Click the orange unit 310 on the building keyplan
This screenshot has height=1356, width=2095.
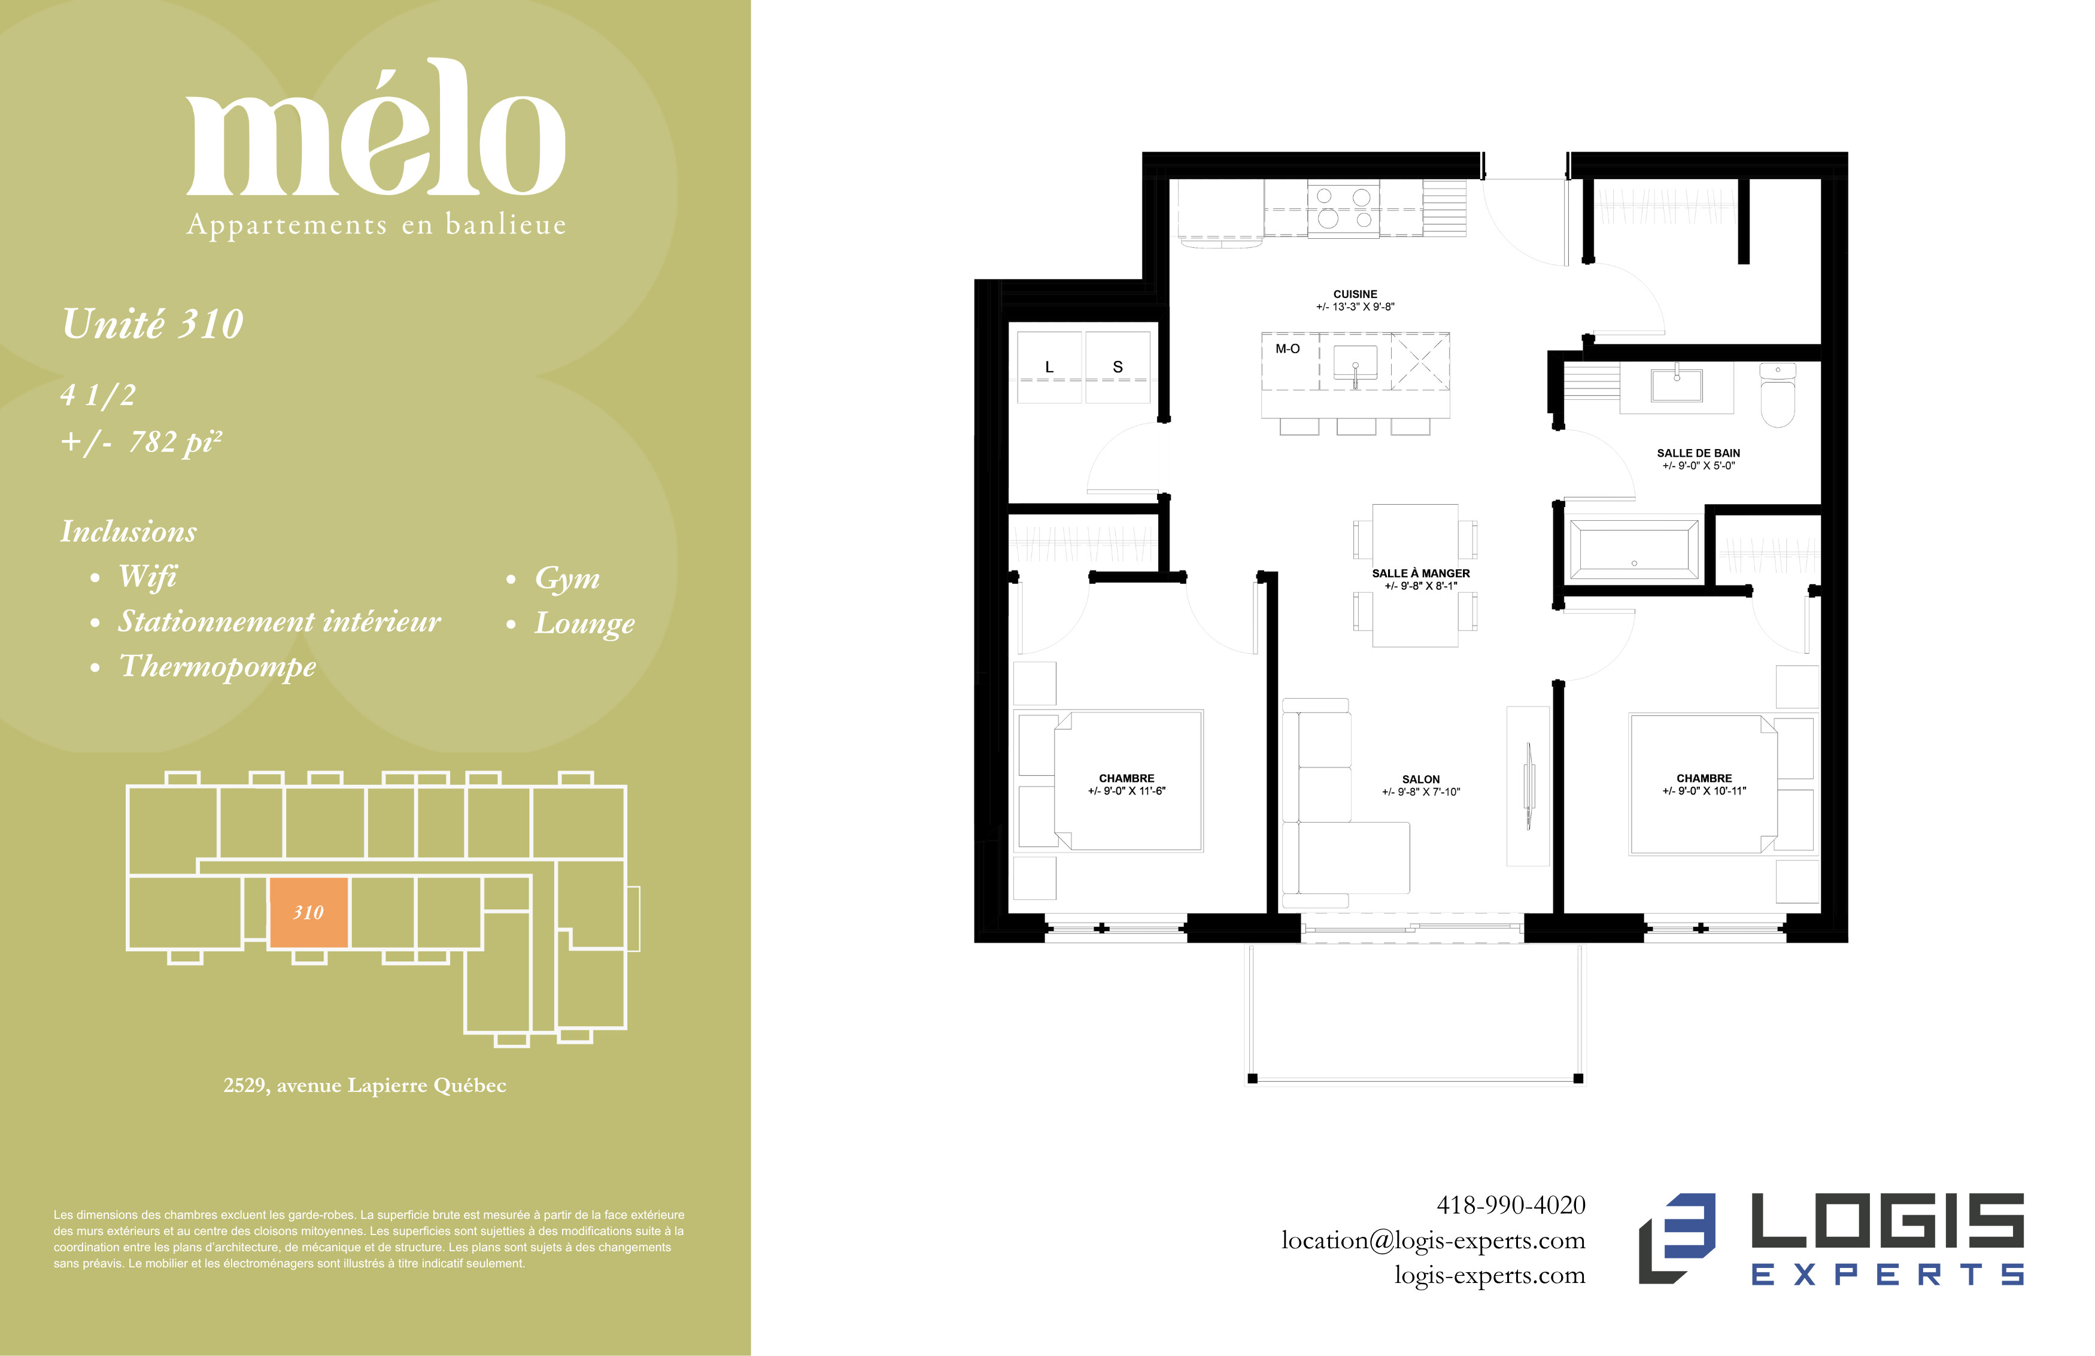coord(308,912)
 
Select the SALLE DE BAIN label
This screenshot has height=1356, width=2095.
coord(1698,453)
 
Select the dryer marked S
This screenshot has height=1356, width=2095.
coord(1117,367)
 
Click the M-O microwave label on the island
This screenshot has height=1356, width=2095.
coord(1287,348)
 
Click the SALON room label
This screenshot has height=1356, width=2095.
coord(1421,779)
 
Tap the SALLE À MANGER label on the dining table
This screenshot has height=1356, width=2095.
coord(1421,573)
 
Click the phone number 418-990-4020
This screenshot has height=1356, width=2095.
coord(1511,1205)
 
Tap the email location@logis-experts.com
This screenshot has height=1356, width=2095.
coord(1433,1240)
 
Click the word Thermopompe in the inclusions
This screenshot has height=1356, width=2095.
coord(217,666)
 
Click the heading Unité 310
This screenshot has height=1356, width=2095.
coord(152,323)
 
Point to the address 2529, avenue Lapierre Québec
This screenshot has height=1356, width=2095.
coord(365,1085)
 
